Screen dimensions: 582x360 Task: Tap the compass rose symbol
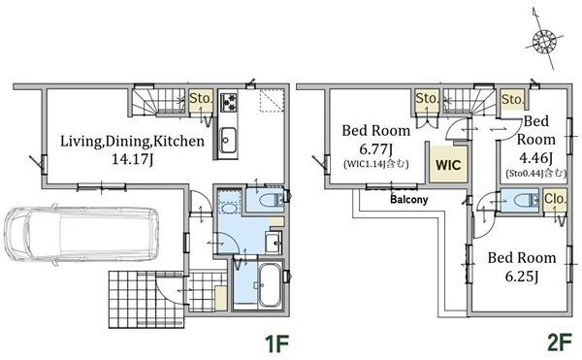pos(543,40)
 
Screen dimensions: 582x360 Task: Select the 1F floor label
pos(276,344)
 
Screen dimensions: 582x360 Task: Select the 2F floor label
pos(560,343)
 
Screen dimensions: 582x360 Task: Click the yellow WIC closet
pos(448,164)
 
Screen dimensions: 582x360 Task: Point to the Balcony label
pos(409,200)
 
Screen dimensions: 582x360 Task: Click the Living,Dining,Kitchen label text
pos(132,142)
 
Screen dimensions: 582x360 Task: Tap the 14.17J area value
pos(133,159)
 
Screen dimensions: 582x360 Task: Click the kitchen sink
pos(228,140)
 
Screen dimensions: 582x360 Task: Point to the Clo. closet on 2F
pos(555,201)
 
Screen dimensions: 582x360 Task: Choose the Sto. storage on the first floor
pos(201,101)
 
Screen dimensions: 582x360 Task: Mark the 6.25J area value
pos(522,277)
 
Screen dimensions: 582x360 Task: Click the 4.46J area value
pos(536,158)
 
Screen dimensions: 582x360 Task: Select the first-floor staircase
pos(157,101)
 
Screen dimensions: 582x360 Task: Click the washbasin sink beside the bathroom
pos(274,243)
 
